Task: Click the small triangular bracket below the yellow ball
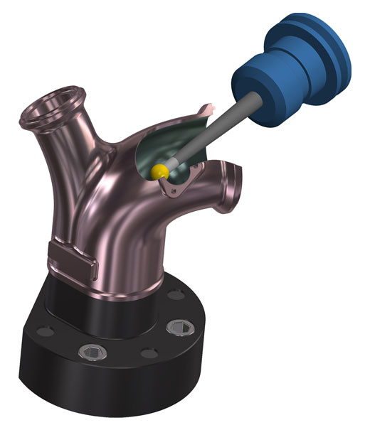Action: (x=173, y=188)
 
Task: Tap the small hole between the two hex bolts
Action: (x=146, y=353)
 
